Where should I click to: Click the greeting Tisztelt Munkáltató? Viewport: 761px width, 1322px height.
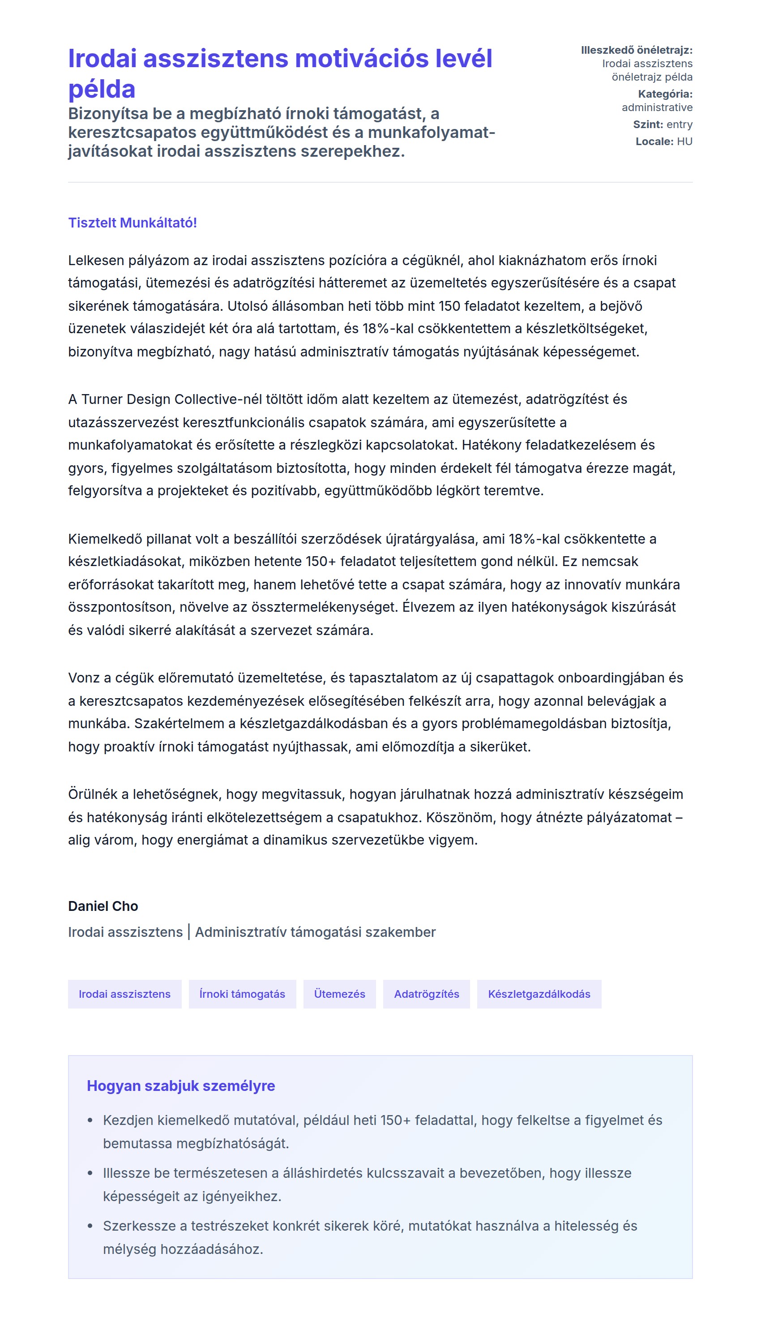point(132,223)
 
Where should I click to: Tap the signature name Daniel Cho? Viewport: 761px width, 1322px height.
point(103,906)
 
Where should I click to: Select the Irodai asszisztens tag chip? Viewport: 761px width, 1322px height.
point(124,994)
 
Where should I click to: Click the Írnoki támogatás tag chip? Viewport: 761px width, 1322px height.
point(242,994)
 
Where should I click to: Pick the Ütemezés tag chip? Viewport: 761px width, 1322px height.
point(339,994)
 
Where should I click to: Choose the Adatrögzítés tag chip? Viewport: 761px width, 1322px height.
point(427,994)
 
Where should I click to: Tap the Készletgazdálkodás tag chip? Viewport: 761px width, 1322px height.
point(539,994)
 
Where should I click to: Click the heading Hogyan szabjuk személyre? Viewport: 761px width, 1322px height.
point(181,1086)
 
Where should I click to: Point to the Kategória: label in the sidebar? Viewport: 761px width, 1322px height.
point(665,94)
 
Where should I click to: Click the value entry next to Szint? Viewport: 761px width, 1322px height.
point(680,124)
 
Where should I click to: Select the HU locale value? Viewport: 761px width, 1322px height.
point(685,142)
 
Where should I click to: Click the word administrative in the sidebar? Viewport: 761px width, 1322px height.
point(657,107)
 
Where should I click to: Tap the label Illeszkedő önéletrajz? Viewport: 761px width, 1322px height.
point(637,50)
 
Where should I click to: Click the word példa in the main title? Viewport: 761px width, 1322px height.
point(102,89)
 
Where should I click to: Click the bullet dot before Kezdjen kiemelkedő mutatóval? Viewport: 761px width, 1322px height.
point(90,1120)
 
